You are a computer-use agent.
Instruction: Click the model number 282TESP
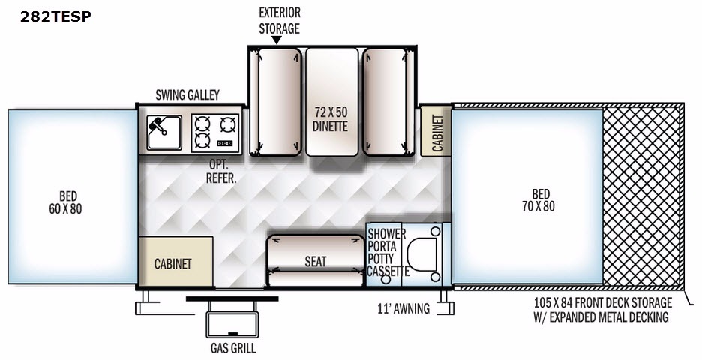(x=56, y=16)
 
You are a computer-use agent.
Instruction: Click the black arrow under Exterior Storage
(x=276, y=40)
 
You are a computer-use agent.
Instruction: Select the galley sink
(x=161, y=133)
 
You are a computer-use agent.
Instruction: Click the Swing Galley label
(x=187, y=94)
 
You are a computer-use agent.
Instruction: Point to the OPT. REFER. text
(x=222, y=171)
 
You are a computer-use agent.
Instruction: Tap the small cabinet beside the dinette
(x=435, y=130)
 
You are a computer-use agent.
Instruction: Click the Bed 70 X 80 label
(x=539, y=200)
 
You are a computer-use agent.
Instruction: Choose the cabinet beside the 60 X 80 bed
(x=175, y=263)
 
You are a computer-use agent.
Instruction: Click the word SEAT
(x=316, y=262)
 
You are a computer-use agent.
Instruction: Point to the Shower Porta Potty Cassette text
(x=387, y=252)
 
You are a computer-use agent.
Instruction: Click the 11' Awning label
(x=403, y=308)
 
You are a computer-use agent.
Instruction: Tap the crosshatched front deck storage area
(x=642, y=196)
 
